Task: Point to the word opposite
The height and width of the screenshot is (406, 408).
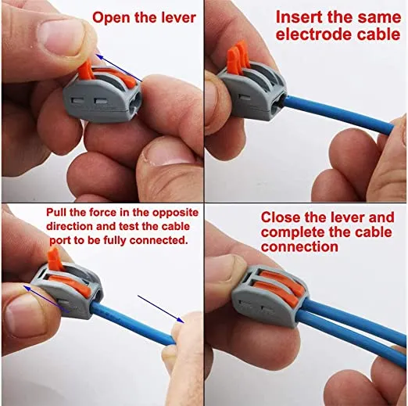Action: (x=175, y=214)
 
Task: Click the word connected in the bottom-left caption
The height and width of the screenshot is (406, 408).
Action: (x=159, y=240)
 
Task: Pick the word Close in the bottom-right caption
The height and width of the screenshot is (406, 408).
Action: (x=280, y=217)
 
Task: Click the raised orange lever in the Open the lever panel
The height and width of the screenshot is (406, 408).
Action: (x=85, y=70)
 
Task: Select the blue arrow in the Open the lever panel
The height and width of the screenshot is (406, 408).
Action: (x=120, y=67)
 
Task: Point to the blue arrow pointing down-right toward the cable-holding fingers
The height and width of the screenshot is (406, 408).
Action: (x=161, y=309)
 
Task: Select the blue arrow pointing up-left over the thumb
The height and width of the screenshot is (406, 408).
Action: (x=45, y=299)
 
